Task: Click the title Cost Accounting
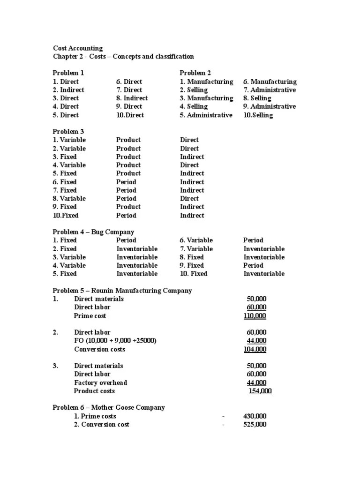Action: click(77, 48)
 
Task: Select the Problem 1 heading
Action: click(68, 73)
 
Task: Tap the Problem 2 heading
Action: click(195, 73)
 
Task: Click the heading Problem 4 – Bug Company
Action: click(93, 232)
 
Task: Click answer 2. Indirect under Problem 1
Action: click(68, 90)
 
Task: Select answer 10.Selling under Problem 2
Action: click(258, 115)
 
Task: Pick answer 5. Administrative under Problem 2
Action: click(206, 115)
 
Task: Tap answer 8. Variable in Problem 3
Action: click(69, 199)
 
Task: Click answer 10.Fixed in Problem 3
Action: click(65, 216)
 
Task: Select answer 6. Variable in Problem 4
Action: click(196, 240)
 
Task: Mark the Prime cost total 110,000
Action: click(255, 316)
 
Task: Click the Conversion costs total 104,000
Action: click(255, 350)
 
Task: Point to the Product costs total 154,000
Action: click(260, 391)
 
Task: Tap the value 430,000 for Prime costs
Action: click(255, 416)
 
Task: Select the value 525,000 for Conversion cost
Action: click(255, 425)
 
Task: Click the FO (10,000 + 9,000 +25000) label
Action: click(115, 341)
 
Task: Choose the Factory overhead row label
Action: click(100, 383)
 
